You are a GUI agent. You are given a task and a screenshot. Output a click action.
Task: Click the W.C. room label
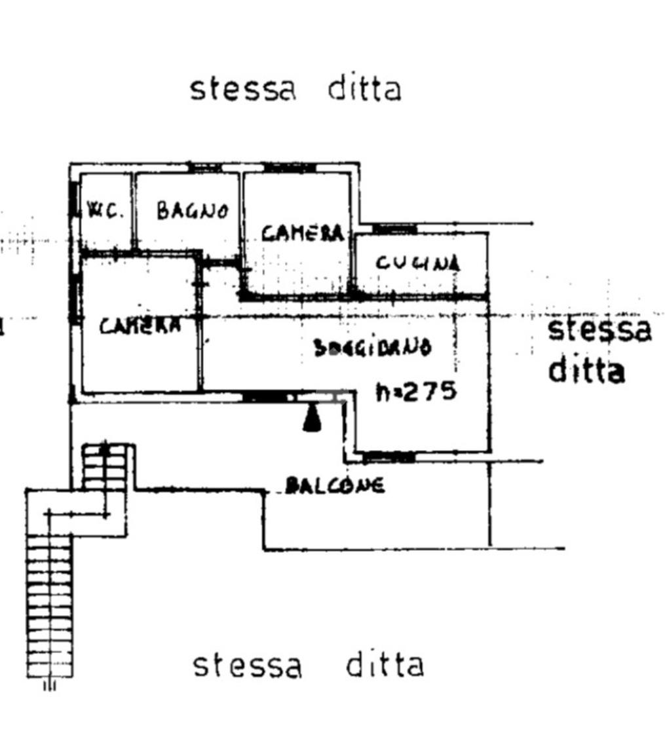tap(104, 210)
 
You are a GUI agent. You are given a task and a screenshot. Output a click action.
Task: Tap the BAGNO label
tap(193, 211)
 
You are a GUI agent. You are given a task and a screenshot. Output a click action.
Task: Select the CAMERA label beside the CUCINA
tap(302, 233)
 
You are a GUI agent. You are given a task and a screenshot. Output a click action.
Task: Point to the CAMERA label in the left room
tap(140, 326)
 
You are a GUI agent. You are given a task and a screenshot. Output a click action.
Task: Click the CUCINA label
tap(418, 263)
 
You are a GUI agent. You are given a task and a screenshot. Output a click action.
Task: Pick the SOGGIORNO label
tap(372, 347)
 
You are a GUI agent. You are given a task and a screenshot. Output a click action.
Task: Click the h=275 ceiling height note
tap(415, 392)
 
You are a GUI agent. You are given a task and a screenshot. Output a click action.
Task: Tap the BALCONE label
tap(335, 485)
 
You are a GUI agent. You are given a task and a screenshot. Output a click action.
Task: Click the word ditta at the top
tap(364, 89)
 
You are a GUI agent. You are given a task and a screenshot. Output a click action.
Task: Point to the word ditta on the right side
tap(586, 371)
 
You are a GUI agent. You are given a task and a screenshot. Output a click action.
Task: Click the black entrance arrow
tap(313, 418)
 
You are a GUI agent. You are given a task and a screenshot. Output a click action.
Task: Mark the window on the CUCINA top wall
tap(394, 229)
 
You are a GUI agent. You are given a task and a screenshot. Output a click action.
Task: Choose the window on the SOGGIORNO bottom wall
tap(389, 456)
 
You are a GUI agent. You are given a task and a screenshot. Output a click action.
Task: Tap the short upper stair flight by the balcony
tap(104, 466)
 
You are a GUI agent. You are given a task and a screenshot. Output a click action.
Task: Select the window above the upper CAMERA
tap(290, 168)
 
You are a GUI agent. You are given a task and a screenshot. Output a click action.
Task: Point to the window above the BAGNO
tap(204, 168)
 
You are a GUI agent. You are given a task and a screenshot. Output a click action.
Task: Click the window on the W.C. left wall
tap(73, 200)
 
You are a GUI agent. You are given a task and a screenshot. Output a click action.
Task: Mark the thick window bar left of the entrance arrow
tap(267, 396)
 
